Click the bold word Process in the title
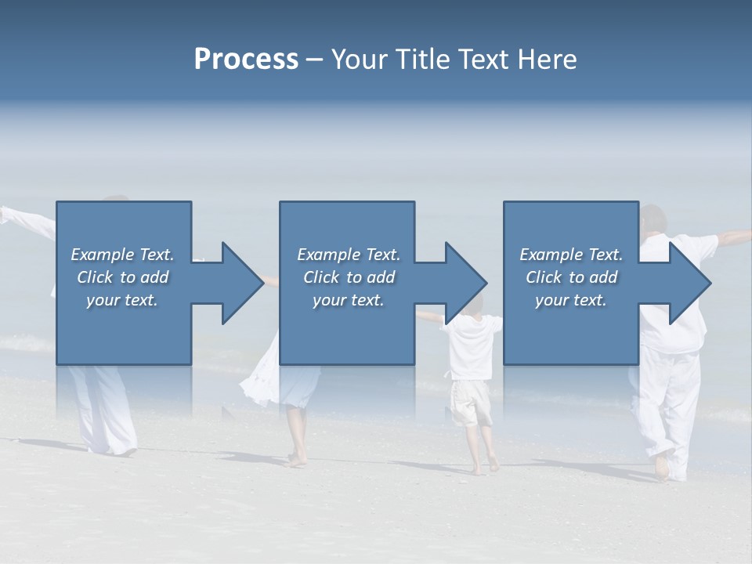pos(246,60)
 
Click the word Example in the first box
pos(103,255)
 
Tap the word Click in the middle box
pos(320,277)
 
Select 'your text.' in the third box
pos(570,300)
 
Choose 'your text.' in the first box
pos(122,300)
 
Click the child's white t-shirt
pos(472,345)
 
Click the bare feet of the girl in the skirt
pos(297,458)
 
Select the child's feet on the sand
pos(484,467)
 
